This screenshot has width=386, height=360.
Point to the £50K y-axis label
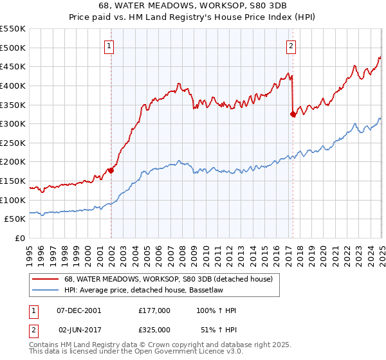[15, 219]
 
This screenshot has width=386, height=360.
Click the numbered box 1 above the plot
[111, 46]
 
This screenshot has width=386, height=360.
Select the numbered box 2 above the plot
[292, 46]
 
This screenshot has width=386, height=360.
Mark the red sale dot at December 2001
[111, 170]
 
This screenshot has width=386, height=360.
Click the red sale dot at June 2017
[293, 114]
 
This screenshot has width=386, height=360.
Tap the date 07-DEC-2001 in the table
[80, 310]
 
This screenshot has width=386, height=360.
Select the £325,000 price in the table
[154, 329]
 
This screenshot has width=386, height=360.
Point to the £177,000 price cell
[154, 310]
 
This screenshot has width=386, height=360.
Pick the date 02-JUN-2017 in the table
[80, 329]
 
